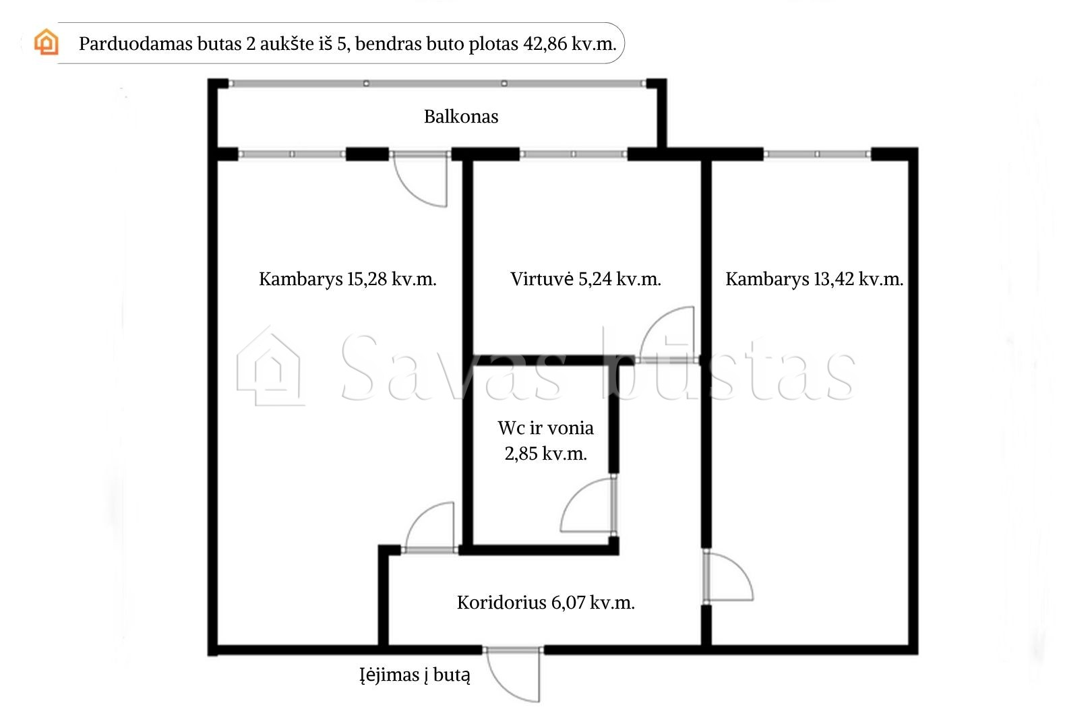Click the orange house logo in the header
point(47,42)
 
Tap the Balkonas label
point(461,117)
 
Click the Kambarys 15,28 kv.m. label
point(348,279)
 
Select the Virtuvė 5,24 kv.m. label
point(586,279)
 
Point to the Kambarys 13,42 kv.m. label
point(814,279)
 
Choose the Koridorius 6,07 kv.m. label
point(545,603)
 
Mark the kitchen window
point(573,154)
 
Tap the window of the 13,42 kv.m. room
point(817,154)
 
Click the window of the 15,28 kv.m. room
point(292,154)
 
